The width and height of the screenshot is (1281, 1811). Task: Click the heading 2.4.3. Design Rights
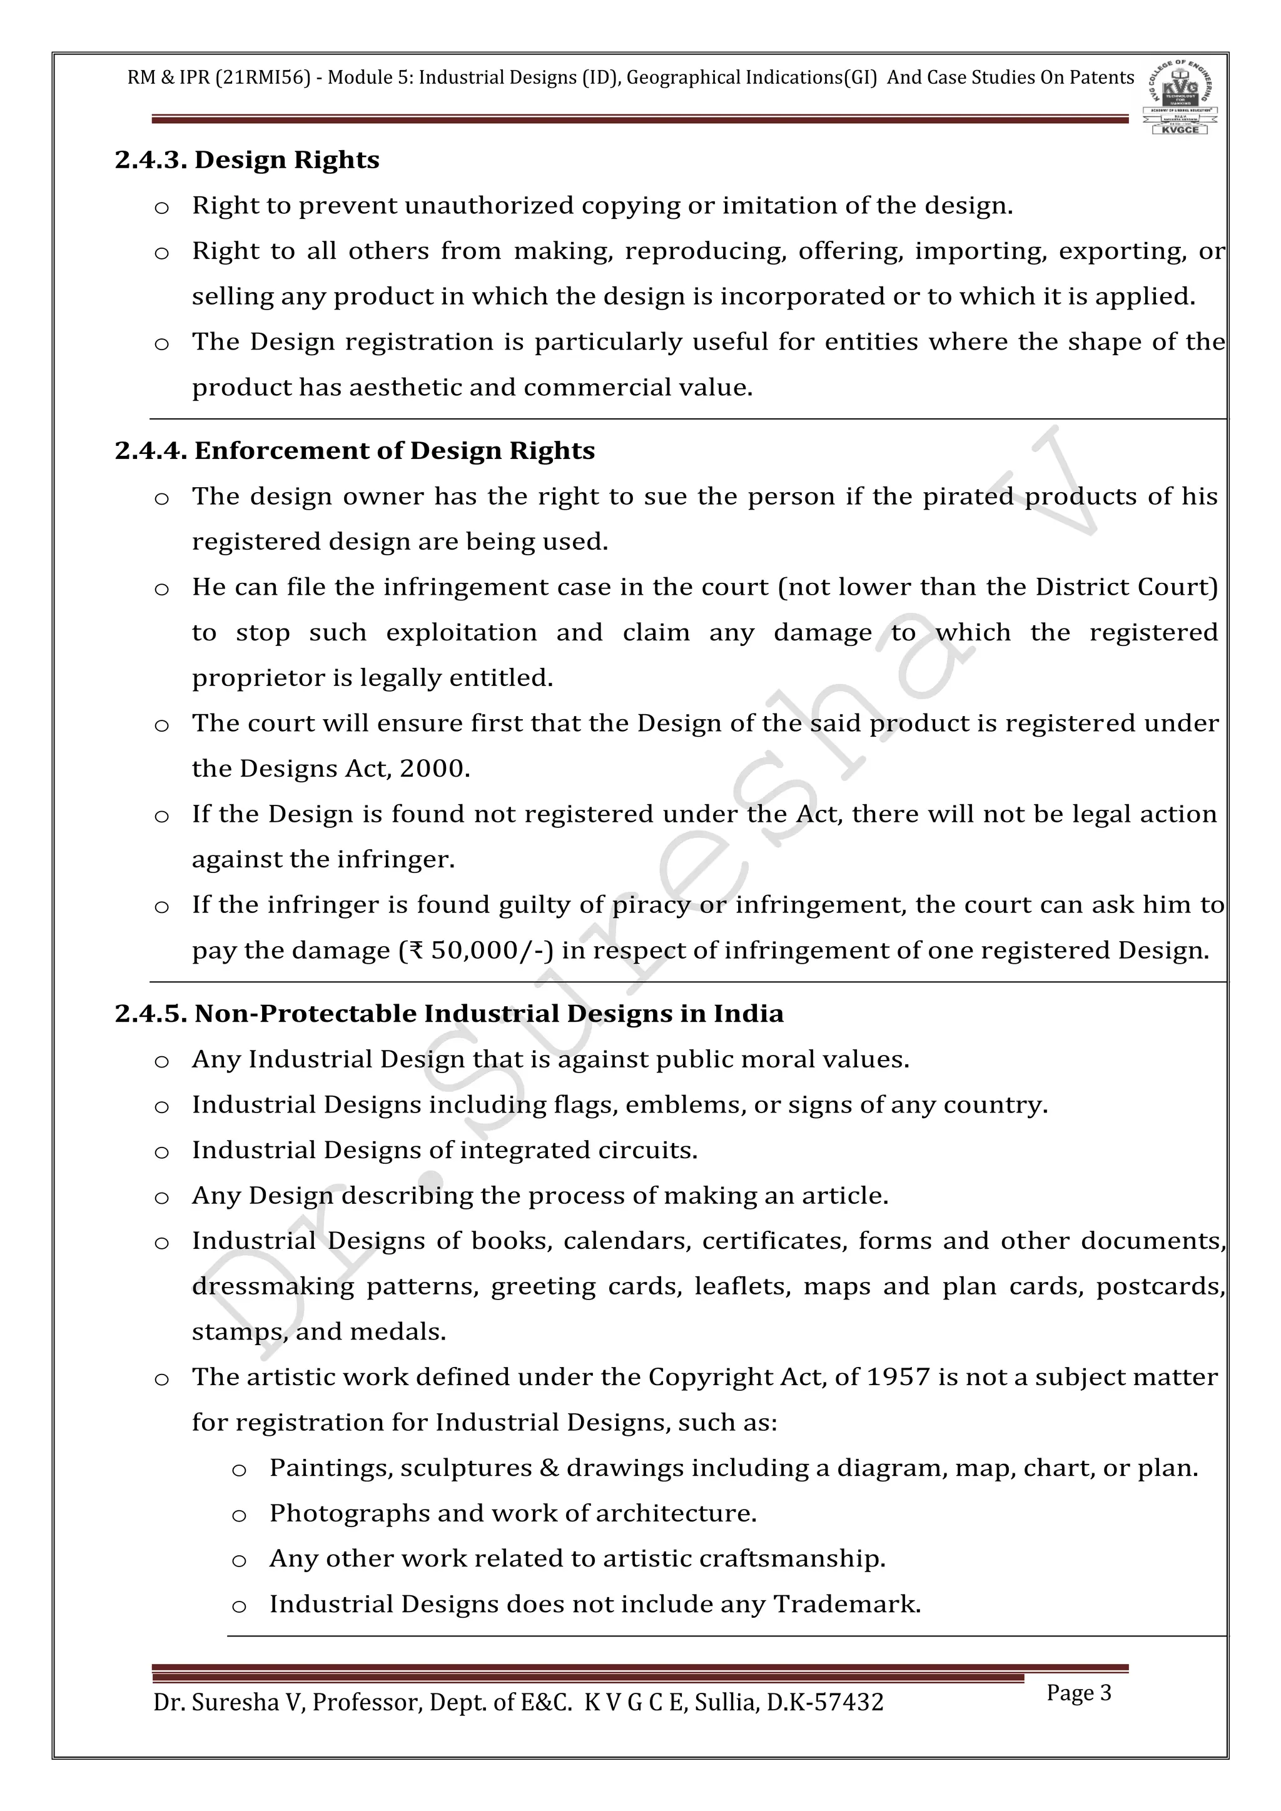point(247,160)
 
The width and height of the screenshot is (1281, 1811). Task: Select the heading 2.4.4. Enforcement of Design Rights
point(354,450)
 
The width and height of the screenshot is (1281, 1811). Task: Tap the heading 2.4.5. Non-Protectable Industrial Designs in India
point(449,1014)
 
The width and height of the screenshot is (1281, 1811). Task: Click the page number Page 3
point(1078,1693)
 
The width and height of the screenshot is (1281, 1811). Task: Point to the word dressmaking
point(273,1286)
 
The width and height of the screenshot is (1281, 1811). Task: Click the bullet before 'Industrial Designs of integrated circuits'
point(162,1153)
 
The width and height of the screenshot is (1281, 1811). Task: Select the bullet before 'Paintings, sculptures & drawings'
point(239,1470)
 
